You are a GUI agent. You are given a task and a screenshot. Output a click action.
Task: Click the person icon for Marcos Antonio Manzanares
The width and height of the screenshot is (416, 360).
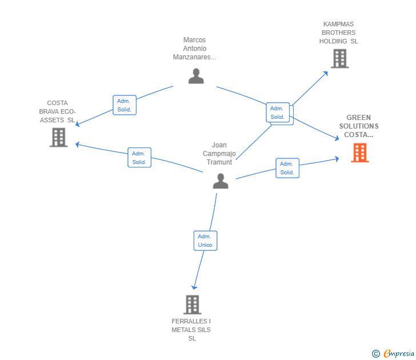196,76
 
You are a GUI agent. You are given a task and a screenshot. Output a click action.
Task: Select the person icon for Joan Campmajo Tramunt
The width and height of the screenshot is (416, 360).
221,181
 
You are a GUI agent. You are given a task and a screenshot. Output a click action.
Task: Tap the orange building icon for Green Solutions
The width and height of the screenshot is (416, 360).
359,153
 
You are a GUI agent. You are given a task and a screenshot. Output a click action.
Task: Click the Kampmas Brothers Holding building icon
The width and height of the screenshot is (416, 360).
339,58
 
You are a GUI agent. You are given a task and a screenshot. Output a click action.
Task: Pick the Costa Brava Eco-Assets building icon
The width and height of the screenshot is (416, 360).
58,137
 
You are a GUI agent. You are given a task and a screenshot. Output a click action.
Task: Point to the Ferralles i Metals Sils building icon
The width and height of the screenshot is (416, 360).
193,305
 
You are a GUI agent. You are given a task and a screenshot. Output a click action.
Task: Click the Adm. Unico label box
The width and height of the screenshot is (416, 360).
205,241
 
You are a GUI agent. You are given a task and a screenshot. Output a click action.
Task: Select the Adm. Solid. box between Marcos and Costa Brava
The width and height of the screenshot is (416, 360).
125,105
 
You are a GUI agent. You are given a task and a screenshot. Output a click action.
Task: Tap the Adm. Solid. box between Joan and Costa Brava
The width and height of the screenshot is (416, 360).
139,158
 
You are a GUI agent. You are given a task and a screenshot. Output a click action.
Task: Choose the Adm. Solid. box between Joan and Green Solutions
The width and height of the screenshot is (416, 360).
287,168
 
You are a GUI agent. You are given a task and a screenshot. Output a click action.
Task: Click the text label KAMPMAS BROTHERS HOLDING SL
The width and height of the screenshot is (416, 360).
339,33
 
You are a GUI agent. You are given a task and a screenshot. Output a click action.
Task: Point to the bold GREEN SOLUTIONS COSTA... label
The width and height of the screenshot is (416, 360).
359,126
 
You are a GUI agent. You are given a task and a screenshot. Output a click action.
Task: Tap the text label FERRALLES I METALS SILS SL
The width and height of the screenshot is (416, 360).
191,330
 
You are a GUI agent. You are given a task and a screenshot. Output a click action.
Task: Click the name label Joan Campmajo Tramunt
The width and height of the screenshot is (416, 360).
219,154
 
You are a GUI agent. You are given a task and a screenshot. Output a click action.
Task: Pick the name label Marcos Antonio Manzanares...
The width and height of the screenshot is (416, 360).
195,49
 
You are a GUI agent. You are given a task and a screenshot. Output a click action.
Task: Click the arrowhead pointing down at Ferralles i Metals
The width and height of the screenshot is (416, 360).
194,287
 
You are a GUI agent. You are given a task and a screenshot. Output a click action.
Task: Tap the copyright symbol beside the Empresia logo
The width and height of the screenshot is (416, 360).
376,354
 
